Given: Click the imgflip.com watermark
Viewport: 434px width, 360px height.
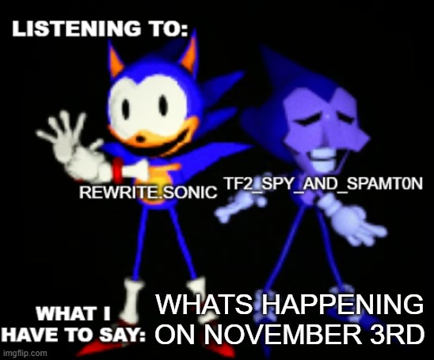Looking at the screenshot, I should (x=24, y=352).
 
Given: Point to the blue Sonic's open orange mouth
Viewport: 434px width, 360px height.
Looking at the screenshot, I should (x=141, y=133).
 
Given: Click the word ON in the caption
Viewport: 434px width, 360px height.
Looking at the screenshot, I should (x=173, y=334).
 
